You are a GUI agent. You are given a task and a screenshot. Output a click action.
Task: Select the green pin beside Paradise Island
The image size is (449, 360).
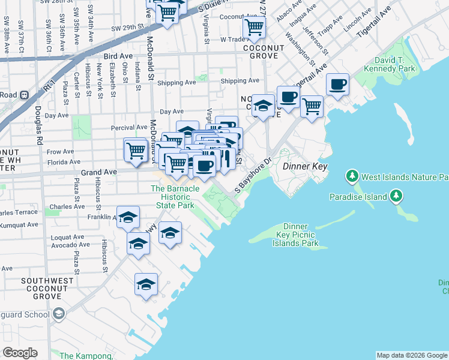pyautogui.click(x=396, y=196)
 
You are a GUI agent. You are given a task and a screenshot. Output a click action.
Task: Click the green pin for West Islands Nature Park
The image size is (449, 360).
pyautogui.click(x=352, y=177)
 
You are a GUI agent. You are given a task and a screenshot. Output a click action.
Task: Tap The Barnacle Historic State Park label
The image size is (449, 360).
pyautogui.click(x=175, y=197)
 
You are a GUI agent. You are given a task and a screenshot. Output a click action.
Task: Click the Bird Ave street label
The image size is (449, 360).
pyautogui.click(x=118, y=55)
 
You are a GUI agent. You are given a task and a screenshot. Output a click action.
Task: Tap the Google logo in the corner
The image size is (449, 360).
pyautogui.click(x=20, y=353)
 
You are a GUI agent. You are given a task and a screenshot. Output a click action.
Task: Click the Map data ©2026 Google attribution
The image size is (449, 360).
pyautogui.click(x=412, y=355)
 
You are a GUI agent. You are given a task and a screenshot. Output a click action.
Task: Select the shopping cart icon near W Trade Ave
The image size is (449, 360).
pyautogui.click(x=254, y=27)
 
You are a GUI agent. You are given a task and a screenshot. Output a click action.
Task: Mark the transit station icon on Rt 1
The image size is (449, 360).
pyautogui.click(x=25, y=95)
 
